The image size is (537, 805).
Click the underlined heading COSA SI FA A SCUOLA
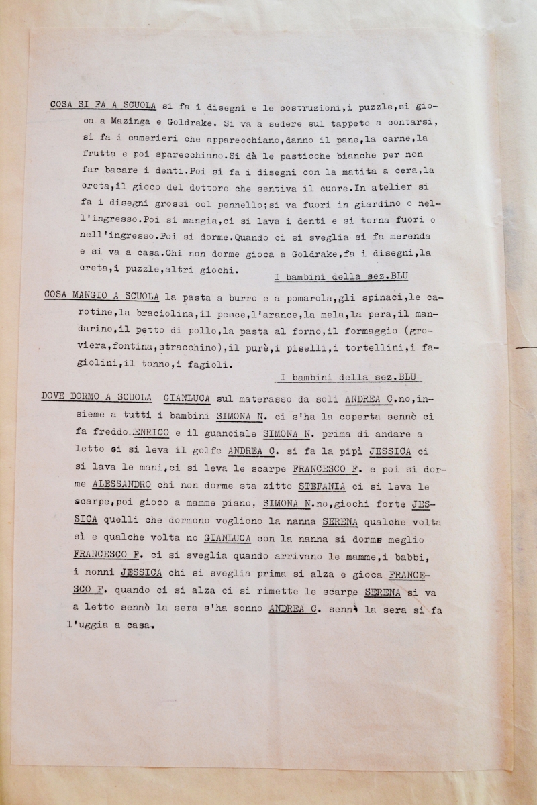(103, 105)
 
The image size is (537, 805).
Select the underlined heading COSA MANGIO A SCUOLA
(101, 295)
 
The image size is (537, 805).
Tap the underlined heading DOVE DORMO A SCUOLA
(96, 396)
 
